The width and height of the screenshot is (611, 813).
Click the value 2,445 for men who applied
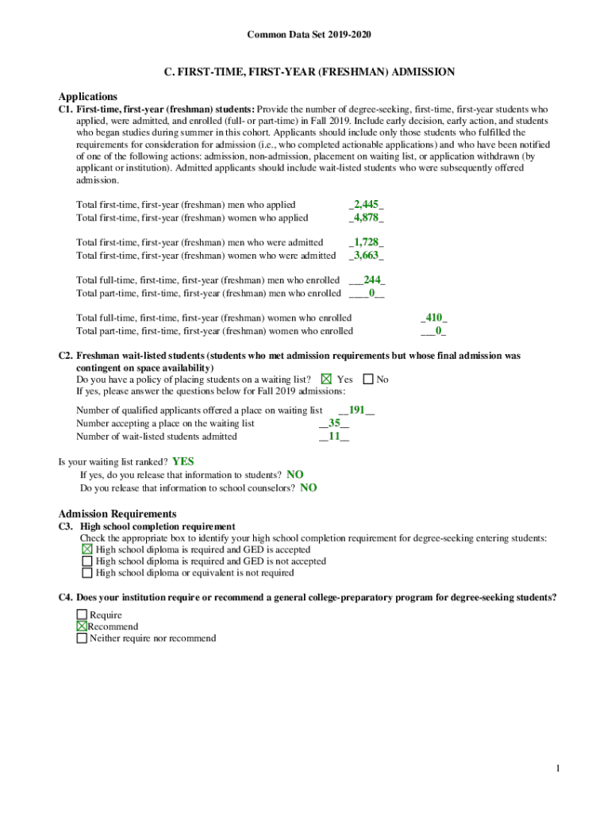(367, 205)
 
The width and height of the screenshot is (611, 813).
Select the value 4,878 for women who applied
(367, 218)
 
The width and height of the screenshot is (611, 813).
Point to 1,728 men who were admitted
(367, 242)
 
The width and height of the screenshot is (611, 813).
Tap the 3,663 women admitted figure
(367, 255)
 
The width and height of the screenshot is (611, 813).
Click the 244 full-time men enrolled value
(373, 279)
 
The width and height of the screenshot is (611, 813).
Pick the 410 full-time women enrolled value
(433, 318)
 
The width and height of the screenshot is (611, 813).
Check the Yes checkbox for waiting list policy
(326, 380)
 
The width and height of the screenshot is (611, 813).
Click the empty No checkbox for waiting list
(368, 380)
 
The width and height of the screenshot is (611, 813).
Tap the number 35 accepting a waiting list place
(334, 423)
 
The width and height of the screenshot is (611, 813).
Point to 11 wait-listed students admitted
(334, 436)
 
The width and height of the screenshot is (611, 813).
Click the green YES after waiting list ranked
(183, 461)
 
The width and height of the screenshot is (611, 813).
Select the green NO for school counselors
(309, 487)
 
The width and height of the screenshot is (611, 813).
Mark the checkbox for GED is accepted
(87, 549)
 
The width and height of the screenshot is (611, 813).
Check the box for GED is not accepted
(87, 561)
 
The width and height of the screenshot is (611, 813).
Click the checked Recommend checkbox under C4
(82, 626)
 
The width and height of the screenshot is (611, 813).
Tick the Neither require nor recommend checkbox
(82, 638)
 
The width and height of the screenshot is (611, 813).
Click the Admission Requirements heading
(117, 514)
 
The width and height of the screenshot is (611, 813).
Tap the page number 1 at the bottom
(559, 769)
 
